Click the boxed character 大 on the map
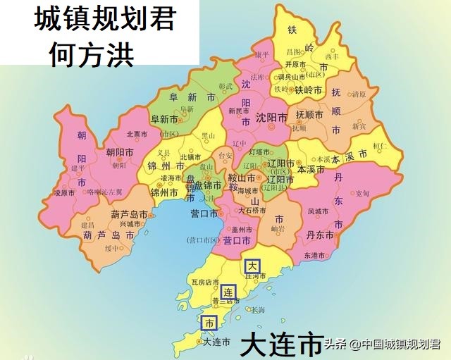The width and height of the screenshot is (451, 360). point(252,266)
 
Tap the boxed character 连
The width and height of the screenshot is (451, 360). point(228,292)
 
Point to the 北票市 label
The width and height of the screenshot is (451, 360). point(137,134)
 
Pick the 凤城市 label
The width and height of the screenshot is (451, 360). point(319,211)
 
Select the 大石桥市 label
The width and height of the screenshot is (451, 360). point(252,210)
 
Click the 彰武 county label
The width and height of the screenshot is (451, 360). point(225,86)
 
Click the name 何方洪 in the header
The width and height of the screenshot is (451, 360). point(92,55)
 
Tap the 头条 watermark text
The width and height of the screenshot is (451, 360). point(336,345)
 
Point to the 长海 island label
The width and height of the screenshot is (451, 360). point(258,310)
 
